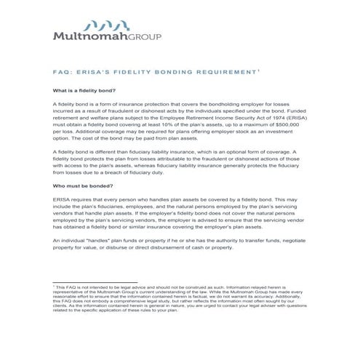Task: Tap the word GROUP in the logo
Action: [x=145, y=36]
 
